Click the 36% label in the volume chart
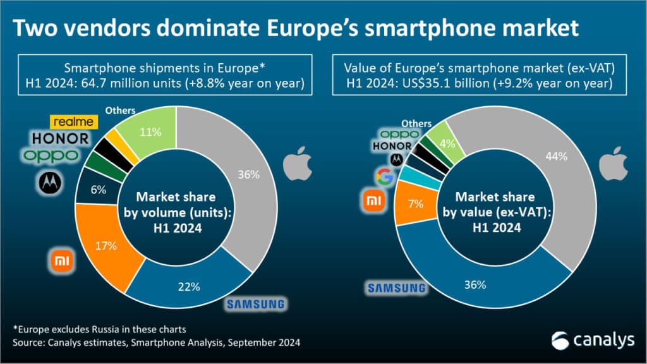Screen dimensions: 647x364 point(248,174)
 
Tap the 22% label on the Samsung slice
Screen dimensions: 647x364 point(189,286)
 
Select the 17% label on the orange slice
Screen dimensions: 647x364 point(106,246)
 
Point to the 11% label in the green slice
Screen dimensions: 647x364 point(150,132)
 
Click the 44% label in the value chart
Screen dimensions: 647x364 point(556,157)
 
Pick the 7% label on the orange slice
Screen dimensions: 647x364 point(416,203)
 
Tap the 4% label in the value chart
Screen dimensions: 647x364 point(447,143)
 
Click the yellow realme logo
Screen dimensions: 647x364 point(74,122)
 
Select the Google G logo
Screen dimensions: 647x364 point(385,177)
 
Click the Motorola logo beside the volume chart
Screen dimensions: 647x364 point(51,183)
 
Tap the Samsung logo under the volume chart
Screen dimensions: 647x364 point(256,305)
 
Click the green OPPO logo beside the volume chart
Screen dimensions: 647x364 point(51,155)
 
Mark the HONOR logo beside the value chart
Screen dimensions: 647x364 point(392,146)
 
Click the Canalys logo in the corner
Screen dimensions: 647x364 point(593,340)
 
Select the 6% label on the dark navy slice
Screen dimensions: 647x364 point(99,190)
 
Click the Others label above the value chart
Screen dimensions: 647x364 point(416,123)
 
